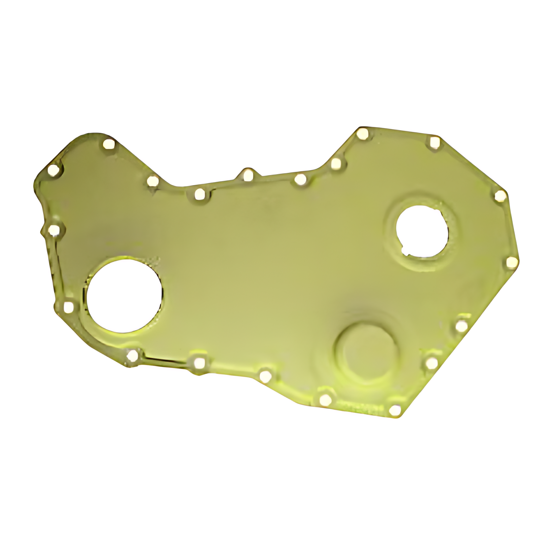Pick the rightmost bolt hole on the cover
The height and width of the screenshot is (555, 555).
(x=512, y=263)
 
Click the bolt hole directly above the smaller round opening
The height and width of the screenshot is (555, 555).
(x=435, y=143)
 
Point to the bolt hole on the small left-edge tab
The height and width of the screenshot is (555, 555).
(x=54, y=230)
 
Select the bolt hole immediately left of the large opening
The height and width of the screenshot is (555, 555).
(x=69, y=308)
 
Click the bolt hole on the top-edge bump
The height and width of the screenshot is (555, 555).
(x=247, y=175)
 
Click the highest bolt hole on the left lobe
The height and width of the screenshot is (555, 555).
(x=108, y=144)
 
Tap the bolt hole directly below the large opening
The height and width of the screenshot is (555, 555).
(x=133, y=355)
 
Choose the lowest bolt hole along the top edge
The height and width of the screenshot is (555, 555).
(x=199, y=195)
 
